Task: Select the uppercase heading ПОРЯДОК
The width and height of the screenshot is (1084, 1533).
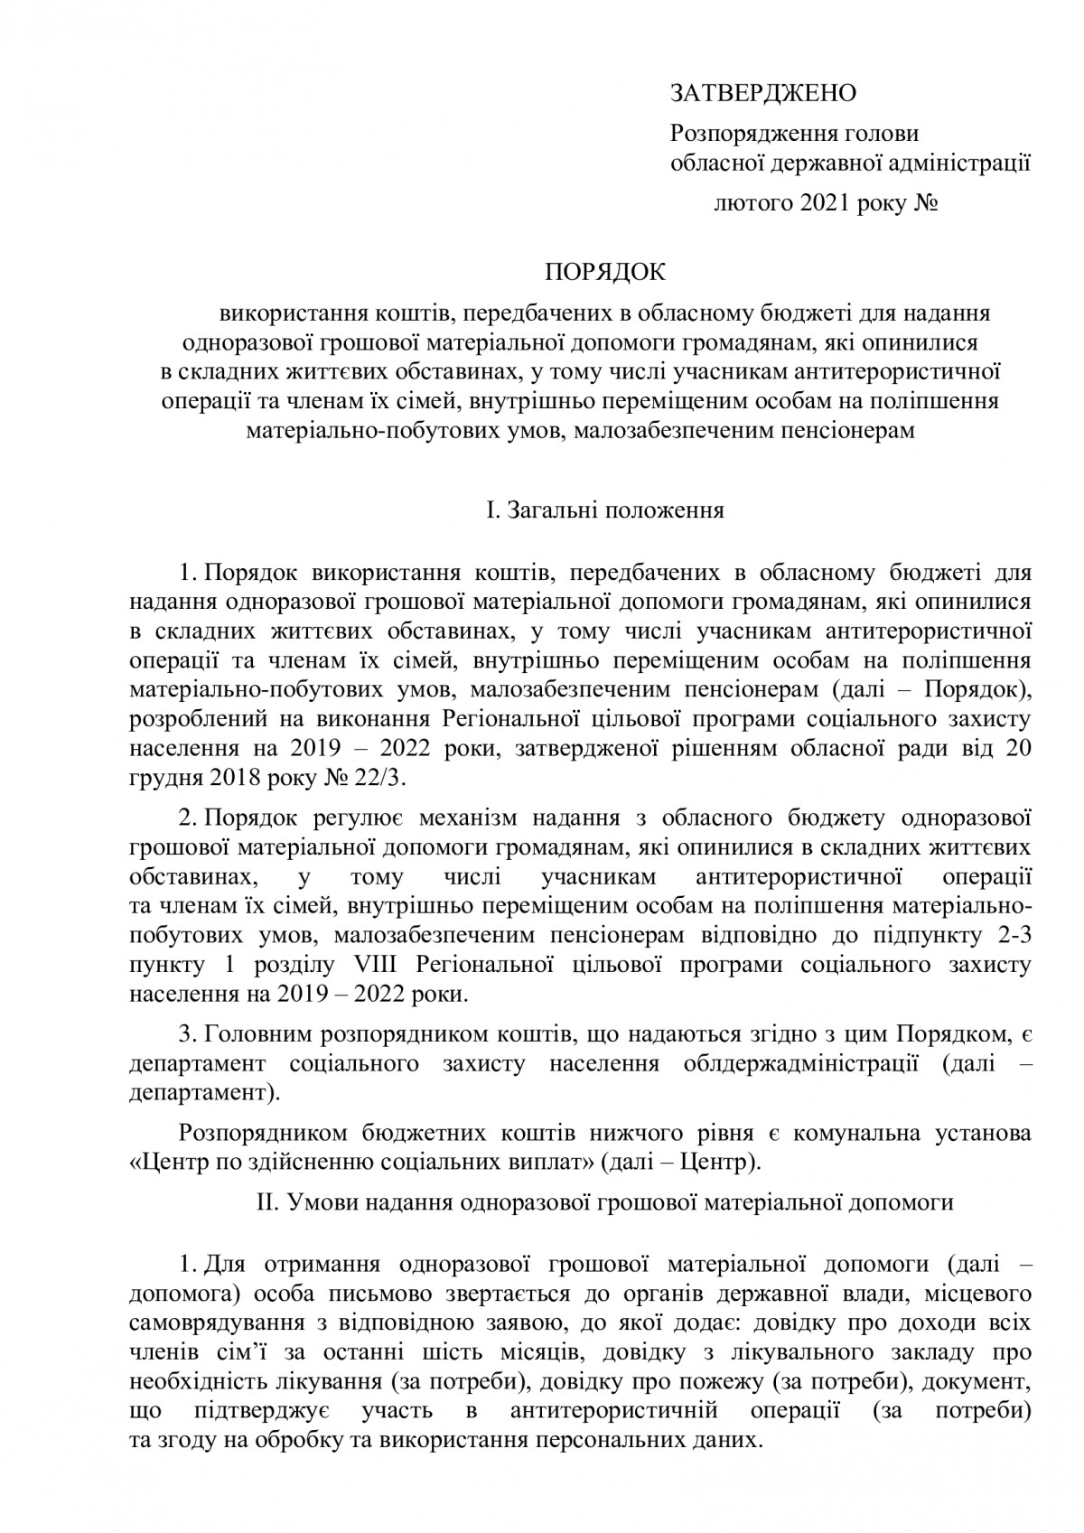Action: click(x=603, y=272)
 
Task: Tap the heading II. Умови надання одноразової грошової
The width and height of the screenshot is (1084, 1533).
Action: click(x=604, y=1203)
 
